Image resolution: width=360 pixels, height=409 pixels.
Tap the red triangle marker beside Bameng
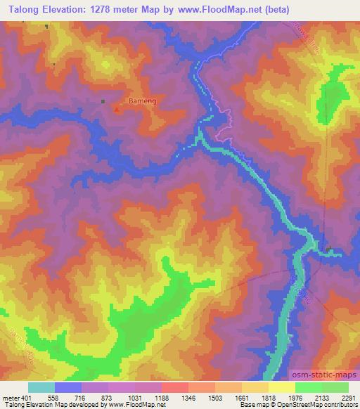coord(117,108)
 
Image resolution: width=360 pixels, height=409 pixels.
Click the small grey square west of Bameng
coord(103,101)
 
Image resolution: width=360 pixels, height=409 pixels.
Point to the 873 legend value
coord(108,398)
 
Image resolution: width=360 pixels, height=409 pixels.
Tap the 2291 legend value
coord(349,398)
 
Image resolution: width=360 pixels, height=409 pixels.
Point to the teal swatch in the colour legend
coord(41,387)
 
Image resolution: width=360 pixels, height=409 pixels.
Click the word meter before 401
coord(11,398)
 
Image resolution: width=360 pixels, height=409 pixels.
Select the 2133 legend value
coord(321,398)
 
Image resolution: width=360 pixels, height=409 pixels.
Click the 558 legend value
coord(55,398)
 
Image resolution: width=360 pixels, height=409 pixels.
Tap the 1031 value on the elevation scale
coord(135,398)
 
